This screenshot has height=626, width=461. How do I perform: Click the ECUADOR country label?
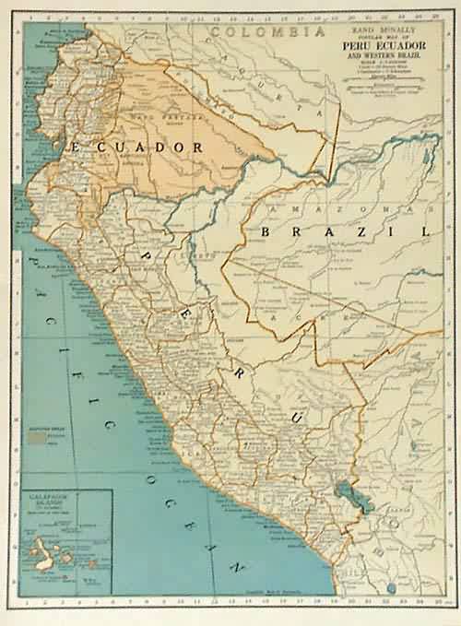129,147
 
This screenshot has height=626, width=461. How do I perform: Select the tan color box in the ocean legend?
38,440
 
